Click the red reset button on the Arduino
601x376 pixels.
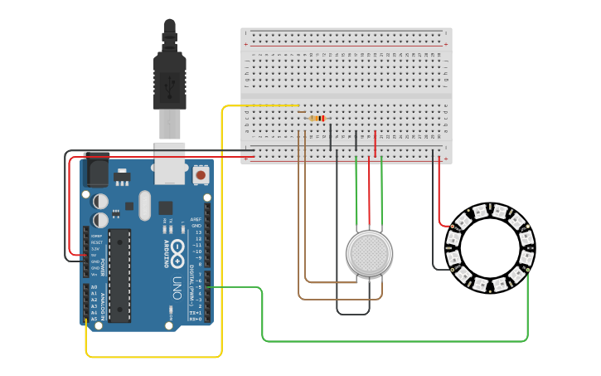(201, 175)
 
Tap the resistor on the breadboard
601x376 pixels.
(317, 119)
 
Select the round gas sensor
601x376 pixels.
(369, 253)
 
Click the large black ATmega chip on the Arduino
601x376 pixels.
(120, 275)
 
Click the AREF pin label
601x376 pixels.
(196, 219)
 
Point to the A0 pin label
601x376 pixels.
(94, 287)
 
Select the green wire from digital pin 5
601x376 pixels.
(263, 315)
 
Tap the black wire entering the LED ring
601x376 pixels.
(434, 241)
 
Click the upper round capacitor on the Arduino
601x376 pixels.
(100, 201)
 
